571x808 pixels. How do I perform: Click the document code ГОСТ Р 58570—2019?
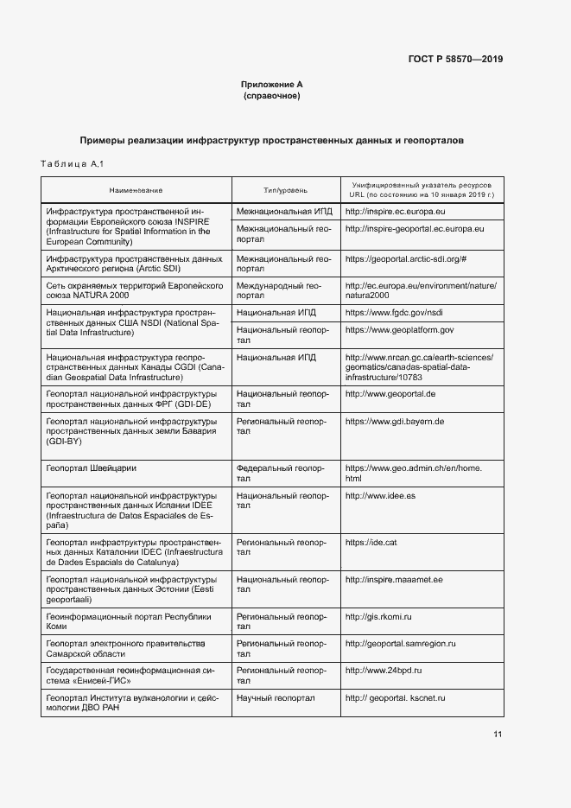tap(455, 60)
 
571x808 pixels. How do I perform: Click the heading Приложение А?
tap(272, 85)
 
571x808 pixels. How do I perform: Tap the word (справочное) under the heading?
tap(272, 96)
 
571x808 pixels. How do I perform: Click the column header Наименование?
tap(136, 189)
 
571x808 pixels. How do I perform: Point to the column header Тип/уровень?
tap(285, 189)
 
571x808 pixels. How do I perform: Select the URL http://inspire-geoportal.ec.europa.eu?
tap(415, 228)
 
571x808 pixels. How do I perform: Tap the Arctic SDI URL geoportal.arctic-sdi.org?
tap(406, 258)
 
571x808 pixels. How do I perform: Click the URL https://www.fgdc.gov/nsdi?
tap(393, 311)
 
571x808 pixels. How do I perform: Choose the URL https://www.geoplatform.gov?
tap(399, 329)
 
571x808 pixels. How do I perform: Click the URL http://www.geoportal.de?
tap(390, 394)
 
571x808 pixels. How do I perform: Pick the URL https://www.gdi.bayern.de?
tap(394, 421)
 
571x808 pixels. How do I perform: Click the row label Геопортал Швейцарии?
tap(91, 468)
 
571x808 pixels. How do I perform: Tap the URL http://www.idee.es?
tap(380, 496)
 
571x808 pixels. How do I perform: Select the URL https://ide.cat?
tap(371, 542)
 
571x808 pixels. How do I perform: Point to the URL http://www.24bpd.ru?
tap(383, 670)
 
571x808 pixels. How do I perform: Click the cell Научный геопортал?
tap(276, 697)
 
